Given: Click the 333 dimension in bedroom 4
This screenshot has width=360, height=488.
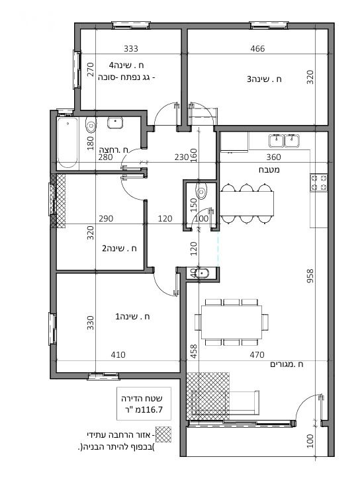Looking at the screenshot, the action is (x=131, y=48).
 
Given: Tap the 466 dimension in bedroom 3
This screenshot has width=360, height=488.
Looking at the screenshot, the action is (x=257, y=48).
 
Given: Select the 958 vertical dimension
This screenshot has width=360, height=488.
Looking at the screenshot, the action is (x=310, y=276).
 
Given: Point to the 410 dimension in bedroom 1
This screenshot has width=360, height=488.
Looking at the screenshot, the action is (x=118, y=355).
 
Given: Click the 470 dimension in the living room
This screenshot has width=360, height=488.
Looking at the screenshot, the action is (x=257, y=355).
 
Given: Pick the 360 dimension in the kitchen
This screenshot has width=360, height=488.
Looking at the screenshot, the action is (x=274, y=157).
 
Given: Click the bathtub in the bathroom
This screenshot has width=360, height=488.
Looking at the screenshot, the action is (x=67, y=143).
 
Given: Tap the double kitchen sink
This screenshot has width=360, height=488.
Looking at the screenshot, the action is (x=284, y=141).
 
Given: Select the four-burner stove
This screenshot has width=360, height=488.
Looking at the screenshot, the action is (x=318, y=183).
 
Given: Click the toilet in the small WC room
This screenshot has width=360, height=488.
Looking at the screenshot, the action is (x=202, y=190).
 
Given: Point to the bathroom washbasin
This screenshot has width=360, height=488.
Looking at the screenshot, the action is (x=115, y=122).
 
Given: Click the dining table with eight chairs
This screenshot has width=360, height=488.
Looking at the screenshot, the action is (x=232, y=322).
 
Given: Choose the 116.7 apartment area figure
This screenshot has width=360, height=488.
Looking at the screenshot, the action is (x=153, y=410).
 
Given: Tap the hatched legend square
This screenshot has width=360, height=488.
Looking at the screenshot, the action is (x=163, y=434).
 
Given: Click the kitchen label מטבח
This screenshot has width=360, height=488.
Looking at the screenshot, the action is (x=269, y=170).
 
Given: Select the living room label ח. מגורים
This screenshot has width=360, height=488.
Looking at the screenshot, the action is (x=287, y=364).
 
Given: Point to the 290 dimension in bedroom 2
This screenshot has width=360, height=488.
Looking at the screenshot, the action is (x=106, y=218).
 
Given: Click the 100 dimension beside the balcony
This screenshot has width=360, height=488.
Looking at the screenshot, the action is (x=310, y=441).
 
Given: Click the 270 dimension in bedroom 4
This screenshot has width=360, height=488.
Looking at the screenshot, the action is (x=90, y=69).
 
